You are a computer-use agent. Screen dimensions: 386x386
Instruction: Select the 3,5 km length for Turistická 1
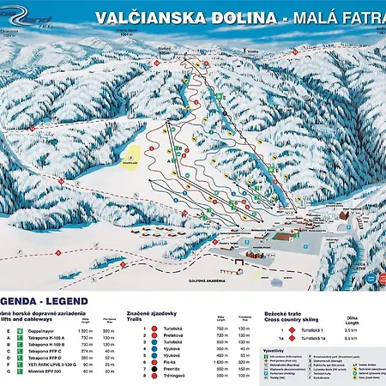pyautogui.click(x=351, y=329)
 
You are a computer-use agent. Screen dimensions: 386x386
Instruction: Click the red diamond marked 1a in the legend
pyautogui.click(x=292, y=338)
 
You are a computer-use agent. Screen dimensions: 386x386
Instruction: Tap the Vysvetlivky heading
pyautogui.click(x=275, y=351)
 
